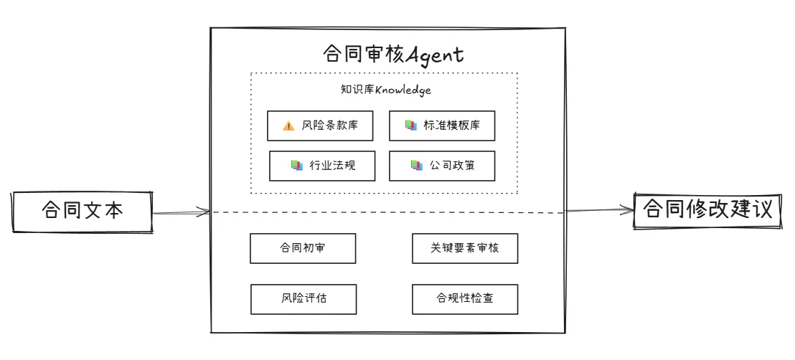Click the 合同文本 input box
pos(83,212)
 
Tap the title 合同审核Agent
pos(393,55)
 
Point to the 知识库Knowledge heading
pos(385,90)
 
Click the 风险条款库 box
pos(322,125)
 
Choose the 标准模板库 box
pos(442,125)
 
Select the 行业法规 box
pos(322,166)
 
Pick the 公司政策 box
pos(442,166)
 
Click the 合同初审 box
pos(304,248)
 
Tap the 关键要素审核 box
pos(465,248)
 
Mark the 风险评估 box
pos(304,298)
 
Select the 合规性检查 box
pos(465,298)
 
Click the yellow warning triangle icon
pos(288,126)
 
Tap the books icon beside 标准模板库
pos(410,125)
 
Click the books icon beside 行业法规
pos(296,166)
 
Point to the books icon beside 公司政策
pos(416,166)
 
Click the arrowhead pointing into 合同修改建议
pos(629,210)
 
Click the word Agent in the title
pos(433,55)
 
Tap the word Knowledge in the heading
pos(403,90)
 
